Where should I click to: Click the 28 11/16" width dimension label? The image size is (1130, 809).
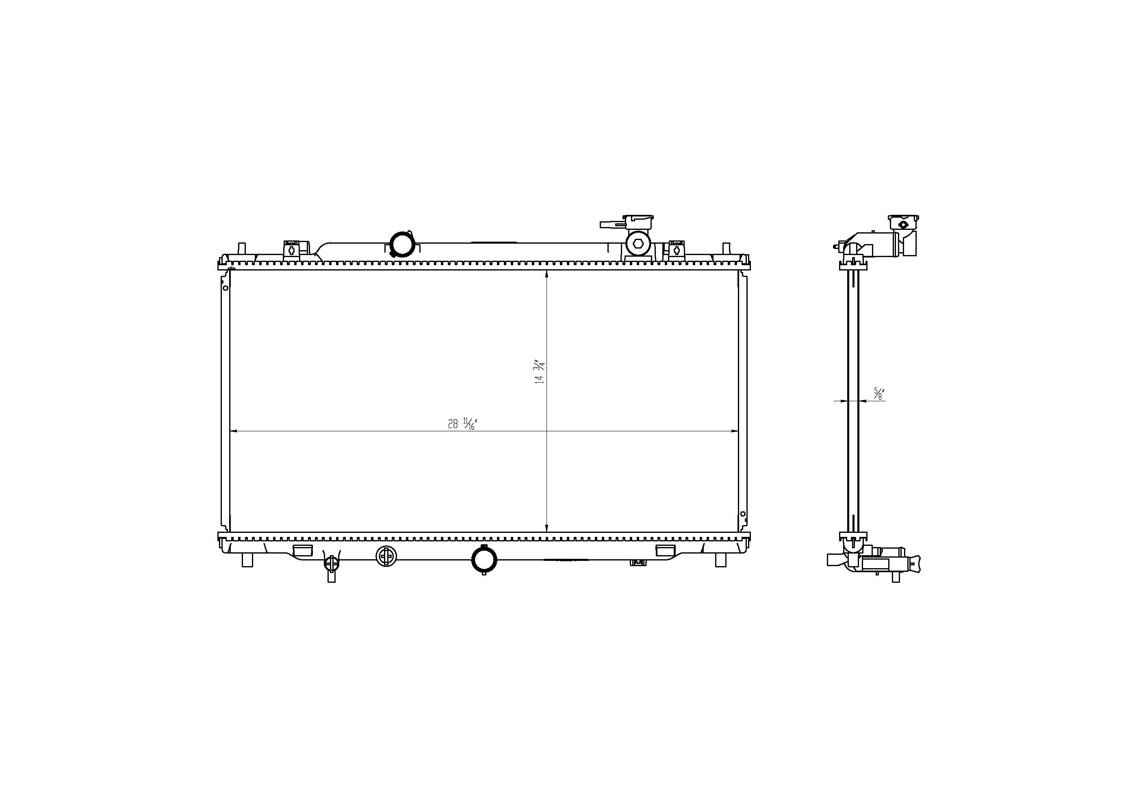click(x=462, y=424)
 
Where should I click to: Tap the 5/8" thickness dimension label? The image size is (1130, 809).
click(x=878, y=393)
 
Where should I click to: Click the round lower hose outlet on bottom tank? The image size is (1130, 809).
click(x=484, y=560)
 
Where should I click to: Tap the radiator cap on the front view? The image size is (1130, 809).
click(x=638, y=220)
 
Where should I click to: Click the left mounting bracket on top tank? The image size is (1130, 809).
click(x=291, y=249)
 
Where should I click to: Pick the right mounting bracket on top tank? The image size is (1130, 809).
click(x=676, y=249)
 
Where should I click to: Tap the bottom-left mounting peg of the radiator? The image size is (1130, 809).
click(x=247, y=560)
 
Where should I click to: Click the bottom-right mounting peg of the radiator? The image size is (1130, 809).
click(x=720, y=560)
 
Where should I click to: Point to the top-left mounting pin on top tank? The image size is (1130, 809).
click(x=242, y=249)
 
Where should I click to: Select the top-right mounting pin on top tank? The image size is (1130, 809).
click(x=726, y=249)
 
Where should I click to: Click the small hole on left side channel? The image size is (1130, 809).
click(x=225, y=288)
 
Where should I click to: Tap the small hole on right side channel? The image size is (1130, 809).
click(x=743, y=514)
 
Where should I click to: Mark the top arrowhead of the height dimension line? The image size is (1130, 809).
click(x=547, y=273)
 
